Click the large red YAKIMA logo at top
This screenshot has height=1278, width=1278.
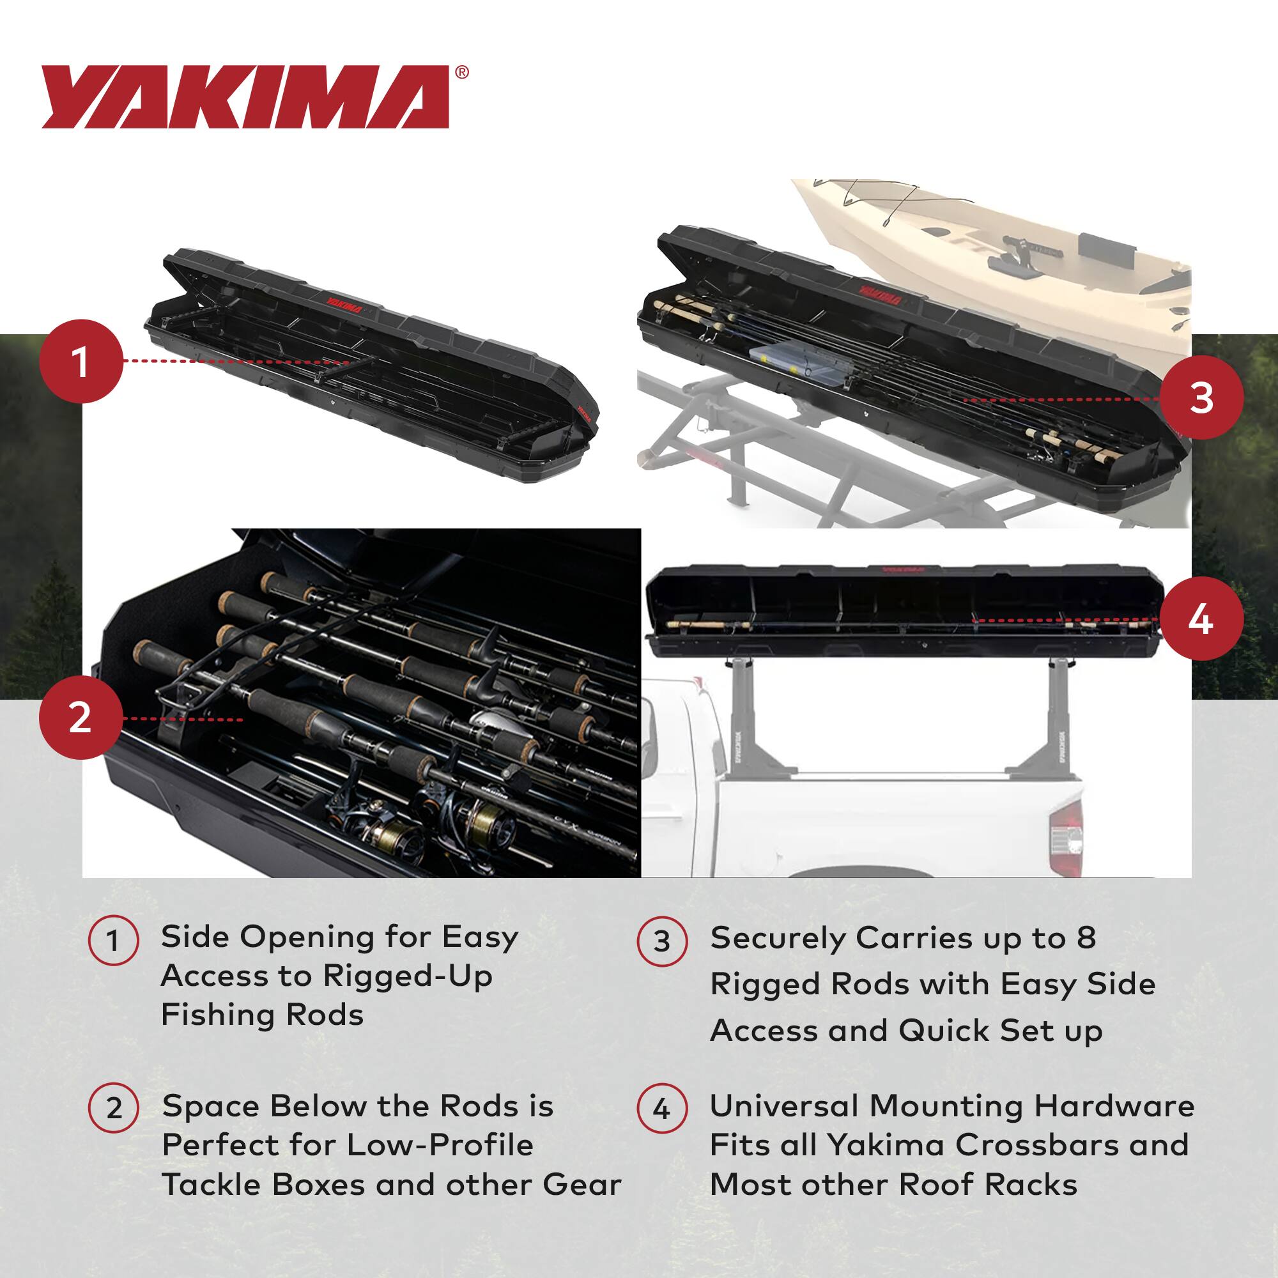click(245, 96)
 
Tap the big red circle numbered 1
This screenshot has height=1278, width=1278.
click(81, 362)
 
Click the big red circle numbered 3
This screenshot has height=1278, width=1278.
click(1201, 399)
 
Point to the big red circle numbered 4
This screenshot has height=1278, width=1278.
click(1201, 620)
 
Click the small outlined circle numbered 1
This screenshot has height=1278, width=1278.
click(113, 941)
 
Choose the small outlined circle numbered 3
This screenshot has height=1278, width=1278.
click(661, 941)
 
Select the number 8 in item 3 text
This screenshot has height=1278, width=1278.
click(1086, 938)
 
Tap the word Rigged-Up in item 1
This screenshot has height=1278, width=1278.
click(408, 976)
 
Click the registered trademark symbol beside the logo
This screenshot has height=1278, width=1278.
click(463, 72)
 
